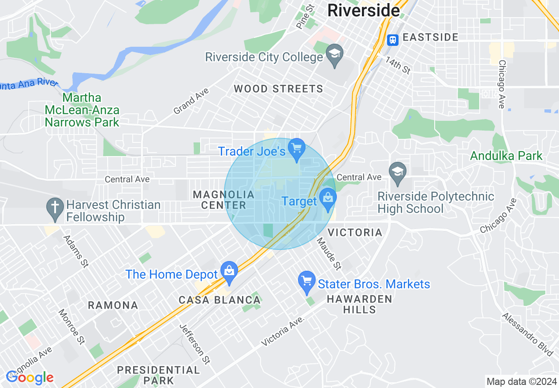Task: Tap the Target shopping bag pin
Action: pyautogui.click(x=328, y=199)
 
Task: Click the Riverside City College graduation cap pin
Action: pyautogui.click(x=335, y=55)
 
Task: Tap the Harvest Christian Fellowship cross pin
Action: pyautogui.click(x=56, y=209)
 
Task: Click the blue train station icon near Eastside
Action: pyautogui.click(x=392, y=40)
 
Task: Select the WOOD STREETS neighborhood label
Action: pyautogui.click(x=278, y=89)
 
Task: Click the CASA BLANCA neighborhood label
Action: pyautogui.click(x=220, y=300)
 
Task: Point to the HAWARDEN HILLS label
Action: pyautogui.click(x=359, y=304)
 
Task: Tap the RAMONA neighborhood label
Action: pyautogui.click(x=113, y=305)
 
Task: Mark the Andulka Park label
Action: pyautogui.click(x=506, y=156)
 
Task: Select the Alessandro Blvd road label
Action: pyautogui.click(x=527, y=335)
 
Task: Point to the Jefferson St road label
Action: pyautogui.click(x=194, y=344)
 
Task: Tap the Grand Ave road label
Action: pyautogui.click(x=191, y=101)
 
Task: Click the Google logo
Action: pyautogui.click(x=30, y=377)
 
